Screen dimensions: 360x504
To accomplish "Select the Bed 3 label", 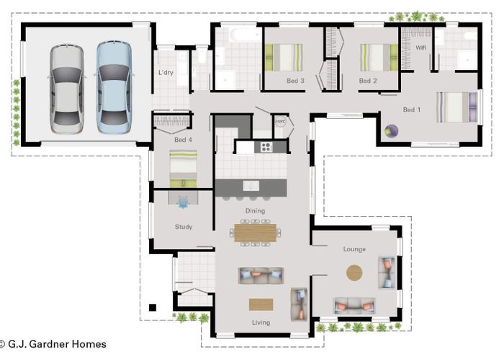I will click(296, 81).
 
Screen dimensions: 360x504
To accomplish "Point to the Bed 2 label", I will click(368, 81).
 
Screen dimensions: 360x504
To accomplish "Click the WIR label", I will click(421, 48).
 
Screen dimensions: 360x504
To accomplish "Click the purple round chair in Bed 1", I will click(391, 131).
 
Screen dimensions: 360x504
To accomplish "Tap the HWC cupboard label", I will click(281, 122).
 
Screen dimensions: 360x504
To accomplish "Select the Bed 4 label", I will click(184, 140).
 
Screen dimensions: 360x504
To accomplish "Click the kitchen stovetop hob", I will click(265, 147).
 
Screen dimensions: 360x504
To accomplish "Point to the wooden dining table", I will click(255, 232).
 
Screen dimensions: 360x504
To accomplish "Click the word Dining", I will click(255, 211).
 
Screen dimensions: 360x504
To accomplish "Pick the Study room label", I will click(184, 227).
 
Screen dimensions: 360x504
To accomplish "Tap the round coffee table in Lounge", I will click(354, 273).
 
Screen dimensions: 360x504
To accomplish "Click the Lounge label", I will click(354, 249).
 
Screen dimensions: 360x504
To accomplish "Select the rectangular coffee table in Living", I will click(261, 304).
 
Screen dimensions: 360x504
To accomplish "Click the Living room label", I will click(261, 323).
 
